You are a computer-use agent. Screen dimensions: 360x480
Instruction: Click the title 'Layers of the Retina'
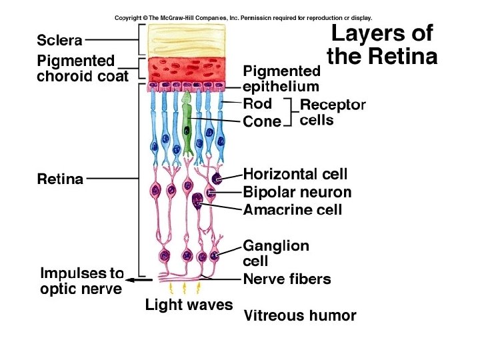coord(382,45)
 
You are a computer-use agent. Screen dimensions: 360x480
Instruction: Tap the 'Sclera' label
coord(59,40)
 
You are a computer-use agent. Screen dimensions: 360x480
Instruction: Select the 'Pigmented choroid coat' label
coord(81,68)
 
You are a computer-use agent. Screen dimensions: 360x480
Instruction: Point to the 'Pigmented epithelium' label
coord(281,78)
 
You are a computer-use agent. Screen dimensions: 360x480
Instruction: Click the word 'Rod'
coord(257,103)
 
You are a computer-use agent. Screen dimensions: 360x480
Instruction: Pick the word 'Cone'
coord(261,122)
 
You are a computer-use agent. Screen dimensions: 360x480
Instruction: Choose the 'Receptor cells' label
coord(333,113)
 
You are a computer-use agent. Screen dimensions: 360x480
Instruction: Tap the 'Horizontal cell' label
coord(295,174)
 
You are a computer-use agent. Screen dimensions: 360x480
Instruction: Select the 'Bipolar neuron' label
coord(297,193)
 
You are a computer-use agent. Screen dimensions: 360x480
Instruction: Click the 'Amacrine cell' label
coord(292,210)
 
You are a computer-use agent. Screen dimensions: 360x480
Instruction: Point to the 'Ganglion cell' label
coord(275,253)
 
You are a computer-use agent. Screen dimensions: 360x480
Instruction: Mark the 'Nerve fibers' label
coord(286,279)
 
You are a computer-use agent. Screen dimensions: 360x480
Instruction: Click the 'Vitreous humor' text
coord(299,315)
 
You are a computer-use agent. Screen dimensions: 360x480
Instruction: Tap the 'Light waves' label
coord(189,305)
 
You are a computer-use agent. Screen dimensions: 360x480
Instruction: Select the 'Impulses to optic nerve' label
coord(81,281)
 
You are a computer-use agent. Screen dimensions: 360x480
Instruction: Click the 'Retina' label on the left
coord(59,179)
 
